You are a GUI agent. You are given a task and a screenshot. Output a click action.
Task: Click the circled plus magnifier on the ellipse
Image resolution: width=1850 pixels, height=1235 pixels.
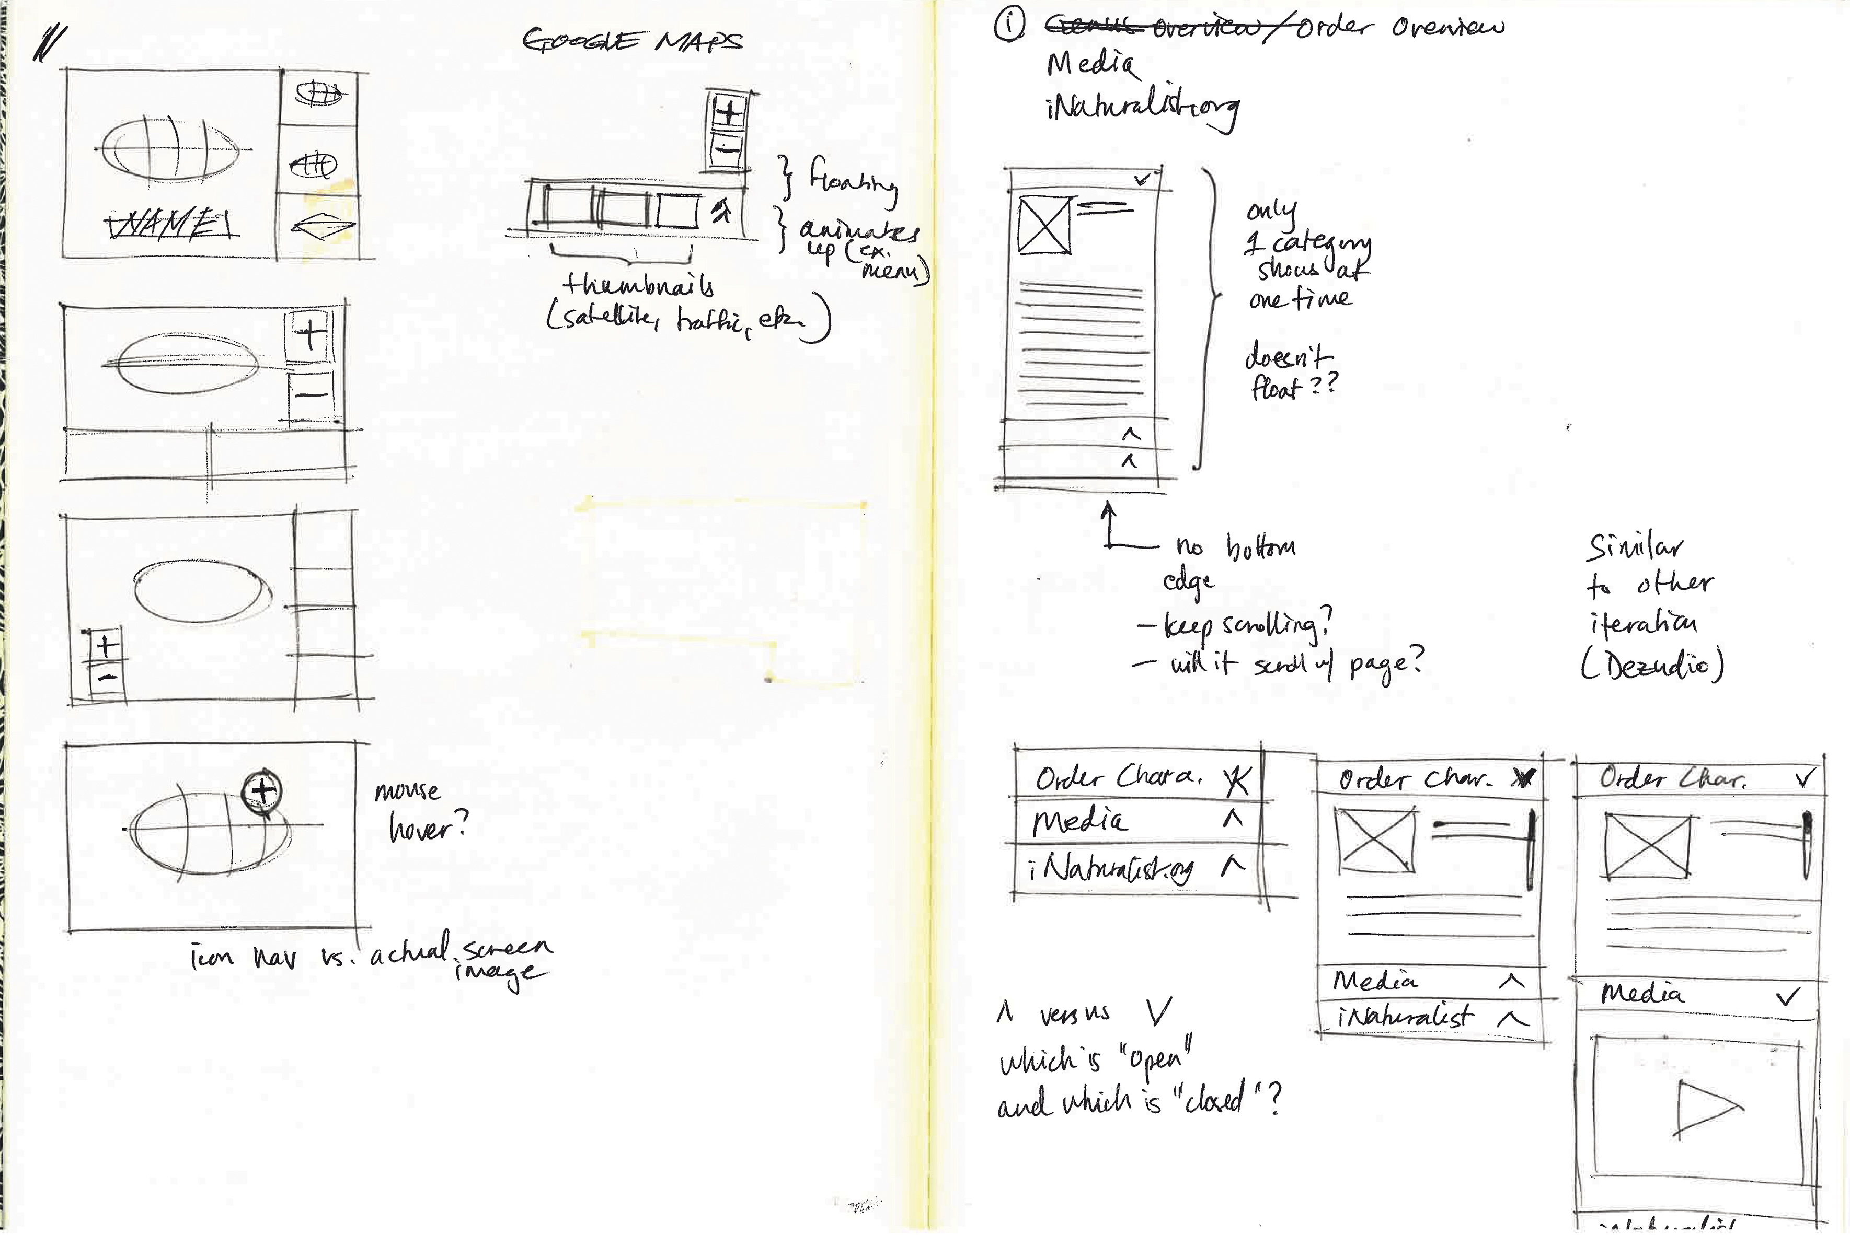(x=262, y=789)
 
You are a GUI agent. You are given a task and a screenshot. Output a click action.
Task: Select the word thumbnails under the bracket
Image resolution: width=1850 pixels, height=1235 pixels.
(x=638, y=284)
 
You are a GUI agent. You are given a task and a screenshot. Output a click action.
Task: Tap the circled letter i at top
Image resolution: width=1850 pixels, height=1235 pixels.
(x=1009, y=25)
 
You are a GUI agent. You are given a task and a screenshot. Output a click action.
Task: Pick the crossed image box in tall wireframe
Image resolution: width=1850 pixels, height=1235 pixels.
(x=1044, y=225)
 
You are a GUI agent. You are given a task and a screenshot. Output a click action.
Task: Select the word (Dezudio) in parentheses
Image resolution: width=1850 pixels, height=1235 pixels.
(x=1652, y=666)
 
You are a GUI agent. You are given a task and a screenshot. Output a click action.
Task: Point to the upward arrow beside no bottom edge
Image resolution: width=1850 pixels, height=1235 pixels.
(x=1109, y=524)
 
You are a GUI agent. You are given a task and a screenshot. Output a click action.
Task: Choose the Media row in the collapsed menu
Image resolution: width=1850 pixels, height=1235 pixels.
(x=1134, y=821)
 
